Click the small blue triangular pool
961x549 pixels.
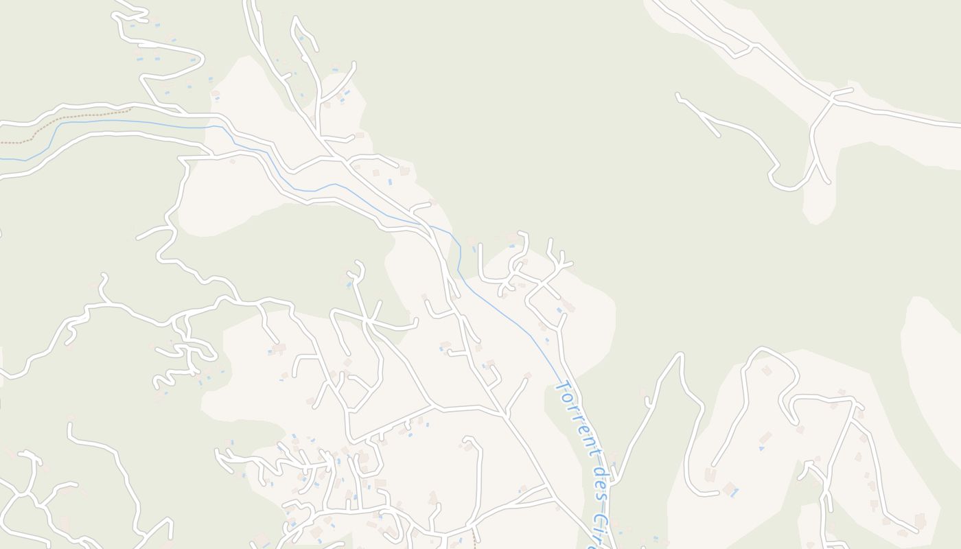761,448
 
